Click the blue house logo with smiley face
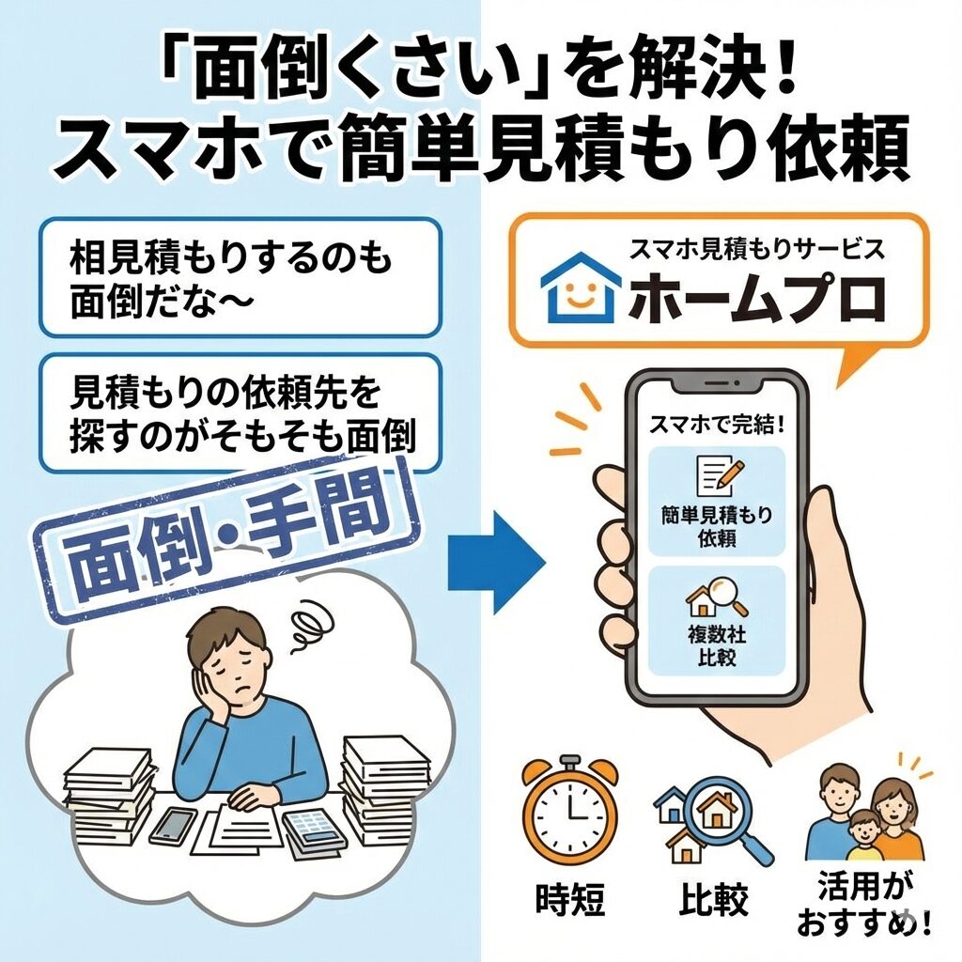[x=579, y=287]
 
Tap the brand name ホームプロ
[x=756, y=300]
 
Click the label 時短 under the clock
[x=570, y=899]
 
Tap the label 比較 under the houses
[x=714, y=899]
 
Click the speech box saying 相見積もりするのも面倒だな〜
[x=240, y=277]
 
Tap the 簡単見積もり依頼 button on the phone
[x=717, y=502]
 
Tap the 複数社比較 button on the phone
[x=717, y=621]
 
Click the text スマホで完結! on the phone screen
[x=717, y=425]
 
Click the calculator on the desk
[x=310, y=830]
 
